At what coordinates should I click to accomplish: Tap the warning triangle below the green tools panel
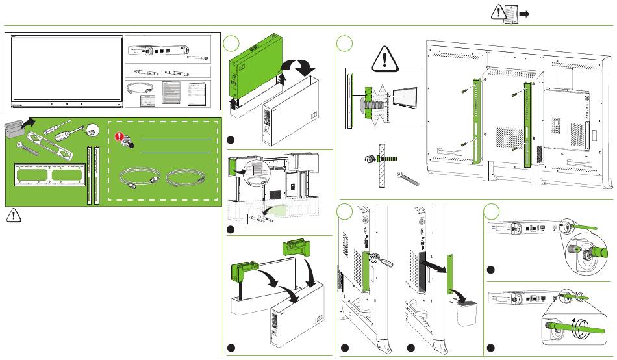tap(12, 216)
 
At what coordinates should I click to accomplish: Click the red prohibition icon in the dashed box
tap(120, 137)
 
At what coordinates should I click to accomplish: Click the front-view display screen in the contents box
tap(67, 70)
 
